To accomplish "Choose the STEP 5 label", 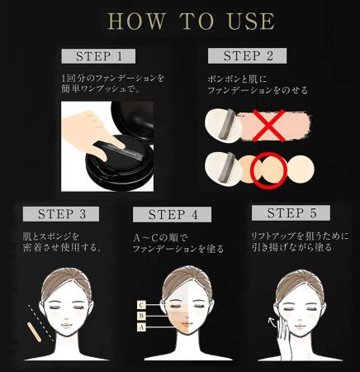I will (296, 213).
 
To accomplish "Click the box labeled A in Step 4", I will (142, 327).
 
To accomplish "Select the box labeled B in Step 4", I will (142, 316).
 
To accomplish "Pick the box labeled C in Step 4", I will (142, 304).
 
